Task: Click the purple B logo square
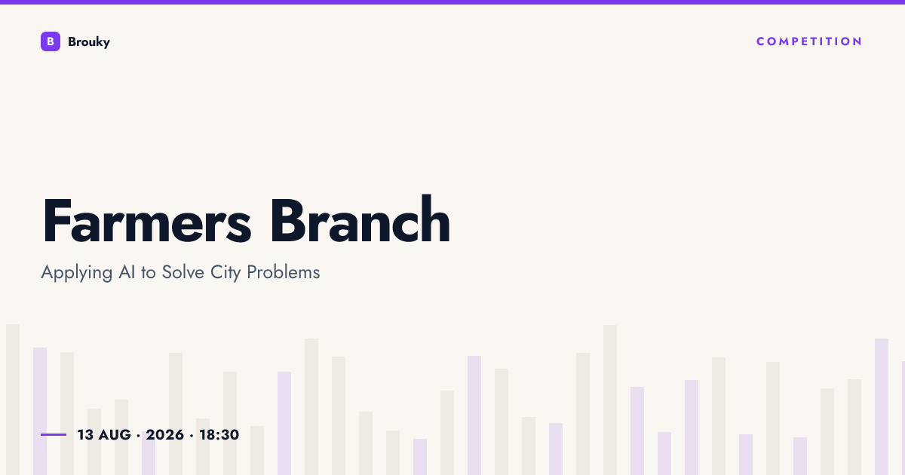(x=51, y=41)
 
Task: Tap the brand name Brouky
(x=89, y=42)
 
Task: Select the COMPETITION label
(x=809, y=41)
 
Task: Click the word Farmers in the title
(x=147, y=220)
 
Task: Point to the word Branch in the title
(x=360, y=219)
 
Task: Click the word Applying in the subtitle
(x=77, y=273)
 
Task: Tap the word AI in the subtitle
(x=127, y=272)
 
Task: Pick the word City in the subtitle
(x=225, y=273)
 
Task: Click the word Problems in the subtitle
(x=284, y=272)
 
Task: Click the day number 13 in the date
(x=85, y=435)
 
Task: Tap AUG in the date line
(x=115, y=435)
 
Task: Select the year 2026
(x=165, y=435)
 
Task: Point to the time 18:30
(x=219, y=435)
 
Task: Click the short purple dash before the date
(x=54, y=434)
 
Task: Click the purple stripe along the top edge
(x=452, y=2)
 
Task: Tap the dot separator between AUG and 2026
(x=139, y=436)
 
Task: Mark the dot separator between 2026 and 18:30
(x=192, y=436)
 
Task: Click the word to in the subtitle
(x=149, y=273)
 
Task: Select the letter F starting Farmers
(x=56, y=220)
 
